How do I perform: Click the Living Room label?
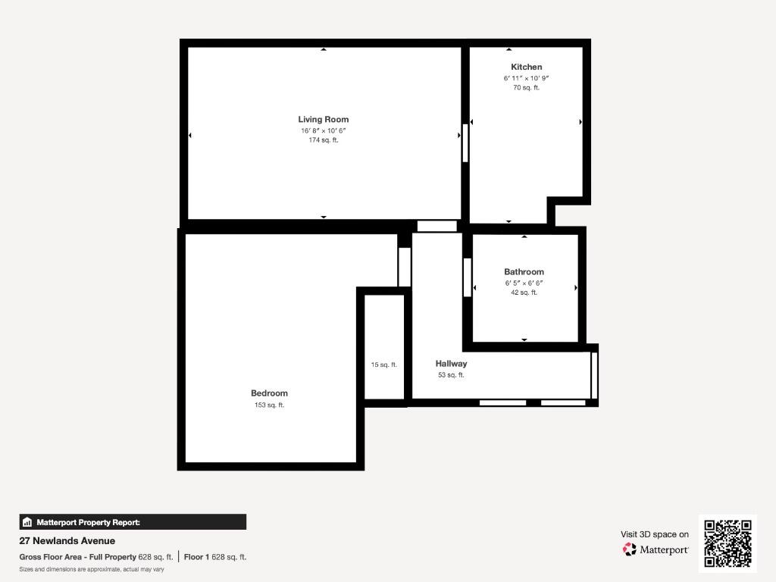click(x=323, y=119)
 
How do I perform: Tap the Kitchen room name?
click(x=526, y=67)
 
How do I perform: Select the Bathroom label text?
click(x=524, y=272)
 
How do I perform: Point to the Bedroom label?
click(x=269, y=393)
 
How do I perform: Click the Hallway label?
click(x=451, y=364)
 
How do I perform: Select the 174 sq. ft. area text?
click(x=323, y=140)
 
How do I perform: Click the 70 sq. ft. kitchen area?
click(x=526, y=88)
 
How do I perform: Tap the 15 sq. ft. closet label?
click(x=383, y=365)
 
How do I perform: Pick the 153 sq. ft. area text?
click(x=269, y=405)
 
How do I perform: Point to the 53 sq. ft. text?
click(x=451, y=375)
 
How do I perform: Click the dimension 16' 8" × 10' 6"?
click(x=323, y=130)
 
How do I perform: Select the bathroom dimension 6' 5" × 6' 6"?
click(x=524, y=283)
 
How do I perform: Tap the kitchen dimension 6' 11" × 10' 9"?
click(x=526, y=78)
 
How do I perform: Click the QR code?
click(x=727, y=543)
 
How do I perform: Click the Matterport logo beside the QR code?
click(x=656, y=549)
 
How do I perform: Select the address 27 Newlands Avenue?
click(x=67, y=541)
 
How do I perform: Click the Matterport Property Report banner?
click(x=133, y=522)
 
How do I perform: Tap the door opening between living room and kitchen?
click(x=465, y=142)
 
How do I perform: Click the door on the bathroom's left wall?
click(x=468, y=277)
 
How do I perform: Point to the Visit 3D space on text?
click(x=655, y=534)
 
